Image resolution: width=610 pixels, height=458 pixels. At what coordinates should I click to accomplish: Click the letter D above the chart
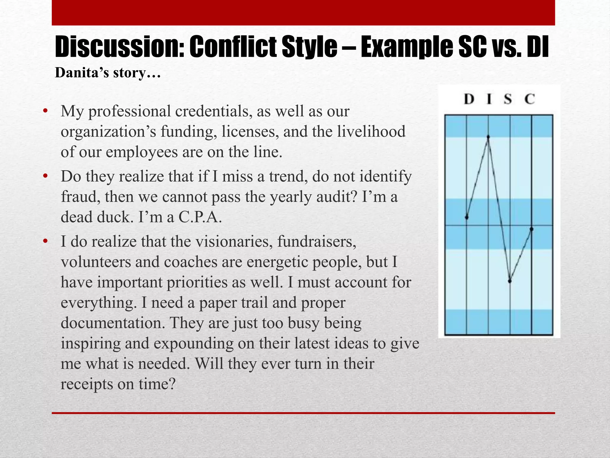[x=469, y=99]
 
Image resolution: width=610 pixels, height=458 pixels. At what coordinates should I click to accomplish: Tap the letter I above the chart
[x=489, y=99]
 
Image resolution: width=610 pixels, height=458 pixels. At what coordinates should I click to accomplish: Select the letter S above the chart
[x=508, y=99]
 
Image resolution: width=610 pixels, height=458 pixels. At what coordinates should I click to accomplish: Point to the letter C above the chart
[x=530, y=99]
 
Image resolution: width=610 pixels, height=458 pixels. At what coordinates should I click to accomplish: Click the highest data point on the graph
[x=488, y=137]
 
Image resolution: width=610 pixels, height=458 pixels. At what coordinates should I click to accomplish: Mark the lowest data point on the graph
[x=510, y=281]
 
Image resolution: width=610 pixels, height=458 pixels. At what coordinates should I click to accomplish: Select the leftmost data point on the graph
[x=467, y=217]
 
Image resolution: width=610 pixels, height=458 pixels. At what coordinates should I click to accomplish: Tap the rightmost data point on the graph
[x=532, y=229]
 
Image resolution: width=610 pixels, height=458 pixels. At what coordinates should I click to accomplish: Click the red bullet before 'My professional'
[x=45, y=112]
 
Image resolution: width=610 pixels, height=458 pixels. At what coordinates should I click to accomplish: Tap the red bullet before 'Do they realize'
[x=45, y=177]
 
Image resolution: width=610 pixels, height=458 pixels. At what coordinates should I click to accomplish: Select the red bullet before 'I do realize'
[x=45, y=242]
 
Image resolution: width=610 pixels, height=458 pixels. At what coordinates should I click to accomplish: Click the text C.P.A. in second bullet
[x=200, y=217]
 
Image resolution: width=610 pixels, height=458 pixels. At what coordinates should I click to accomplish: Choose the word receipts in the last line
[x=87, y=384]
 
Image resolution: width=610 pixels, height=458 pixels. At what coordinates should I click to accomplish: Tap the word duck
[x=115, y=217]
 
